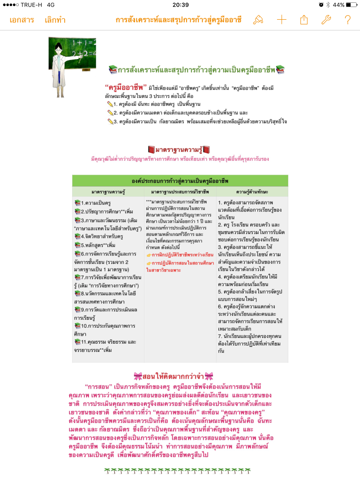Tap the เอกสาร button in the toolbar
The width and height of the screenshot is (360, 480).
click(x=22, y=20)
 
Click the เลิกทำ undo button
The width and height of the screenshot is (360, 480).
click(x=55, y=20)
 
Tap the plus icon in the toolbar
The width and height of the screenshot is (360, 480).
click(x=281, y=20)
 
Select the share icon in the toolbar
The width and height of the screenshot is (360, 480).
click(x=304, y=20)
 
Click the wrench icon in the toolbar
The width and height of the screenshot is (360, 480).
click(x=326, y=20)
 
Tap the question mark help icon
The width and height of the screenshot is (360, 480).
click(x=347, y=20)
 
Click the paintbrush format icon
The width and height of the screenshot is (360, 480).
click(x=258, y=20)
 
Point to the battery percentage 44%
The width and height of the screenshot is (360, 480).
click(x=338, y=5)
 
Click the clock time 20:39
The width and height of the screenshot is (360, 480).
click(x=180, y=5)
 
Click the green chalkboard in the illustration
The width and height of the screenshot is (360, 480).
click(x=84, y=52)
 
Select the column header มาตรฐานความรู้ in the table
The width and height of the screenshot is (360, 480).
click(x=108, y=192)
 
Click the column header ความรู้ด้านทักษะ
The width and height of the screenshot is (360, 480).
click(x=252, y=192)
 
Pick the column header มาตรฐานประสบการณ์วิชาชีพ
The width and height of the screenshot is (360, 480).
click(x=180, y=192)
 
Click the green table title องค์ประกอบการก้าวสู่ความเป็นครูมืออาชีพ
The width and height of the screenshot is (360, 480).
click(x=180, y=180)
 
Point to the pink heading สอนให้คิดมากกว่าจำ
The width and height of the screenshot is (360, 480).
click(x=173, y=376)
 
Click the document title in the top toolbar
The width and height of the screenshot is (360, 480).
click(x=179, y=20)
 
